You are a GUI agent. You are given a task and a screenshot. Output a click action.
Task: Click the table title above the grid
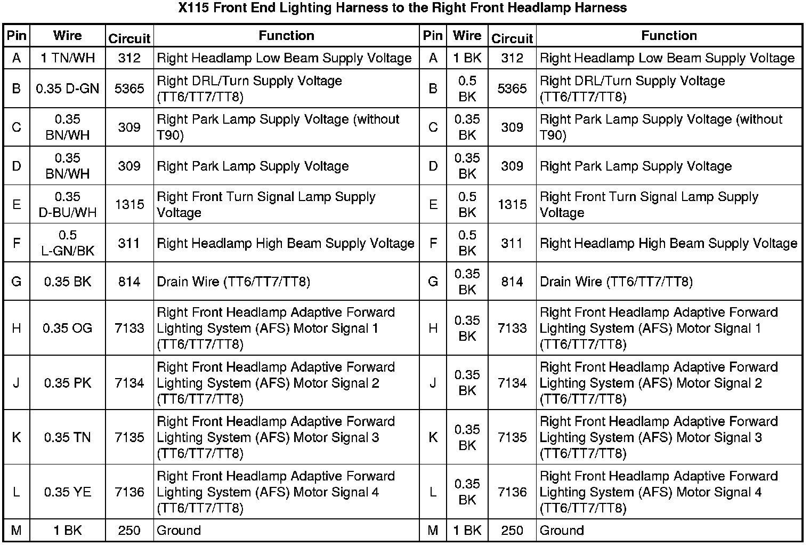(402, 8)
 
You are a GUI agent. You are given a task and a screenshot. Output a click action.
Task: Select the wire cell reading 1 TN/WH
(68, 58)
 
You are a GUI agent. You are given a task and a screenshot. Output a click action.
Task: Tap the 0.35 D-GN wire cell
(68, 89)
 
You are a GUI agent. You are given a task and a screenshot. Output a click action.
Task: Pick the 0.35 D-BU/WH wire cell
(68, 204)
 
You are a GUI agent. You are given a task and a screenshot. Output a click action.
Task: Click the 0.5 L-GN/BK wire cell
(68, 243)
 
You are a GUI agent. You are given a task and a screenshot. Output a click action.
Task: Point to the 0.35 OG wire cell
(68, 328)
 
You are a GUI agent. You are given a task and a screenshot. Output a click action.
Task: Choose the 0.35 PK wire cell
(68, 383)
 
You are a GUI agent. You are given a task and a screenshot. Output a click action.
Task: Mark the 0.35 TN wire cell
(68, 437)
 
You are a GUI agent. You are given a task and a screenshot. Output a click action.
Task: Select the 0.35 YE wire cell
(68, 492)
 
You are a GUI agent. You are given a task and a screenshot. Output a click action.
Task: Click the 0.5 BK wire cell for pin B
(467, 89)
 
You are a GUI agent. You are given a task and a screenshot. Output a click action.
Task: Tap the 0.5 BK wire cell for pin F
(467, 243)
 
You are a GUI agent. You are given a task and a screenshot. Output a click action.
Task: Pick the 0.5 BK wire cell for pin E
(467, 204)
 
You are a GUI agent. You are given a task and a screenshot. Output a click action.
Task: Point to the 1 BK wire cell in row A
(467, 58)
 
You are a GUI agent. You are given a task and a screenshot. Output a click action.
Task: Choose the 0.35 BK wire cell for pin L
(467, 492)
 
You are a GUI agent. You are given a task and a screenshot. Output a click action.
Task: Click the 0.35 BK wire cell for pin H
(467, 328)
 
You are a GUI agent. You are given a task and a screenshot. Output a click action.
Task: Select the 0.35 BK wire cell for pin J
(467, 383)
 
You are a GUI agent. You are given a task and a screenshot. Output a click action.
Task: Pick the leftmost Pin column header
(17, 36)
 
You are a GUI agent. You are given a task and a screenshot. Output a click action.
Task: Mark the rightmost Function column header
(669, 36)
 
